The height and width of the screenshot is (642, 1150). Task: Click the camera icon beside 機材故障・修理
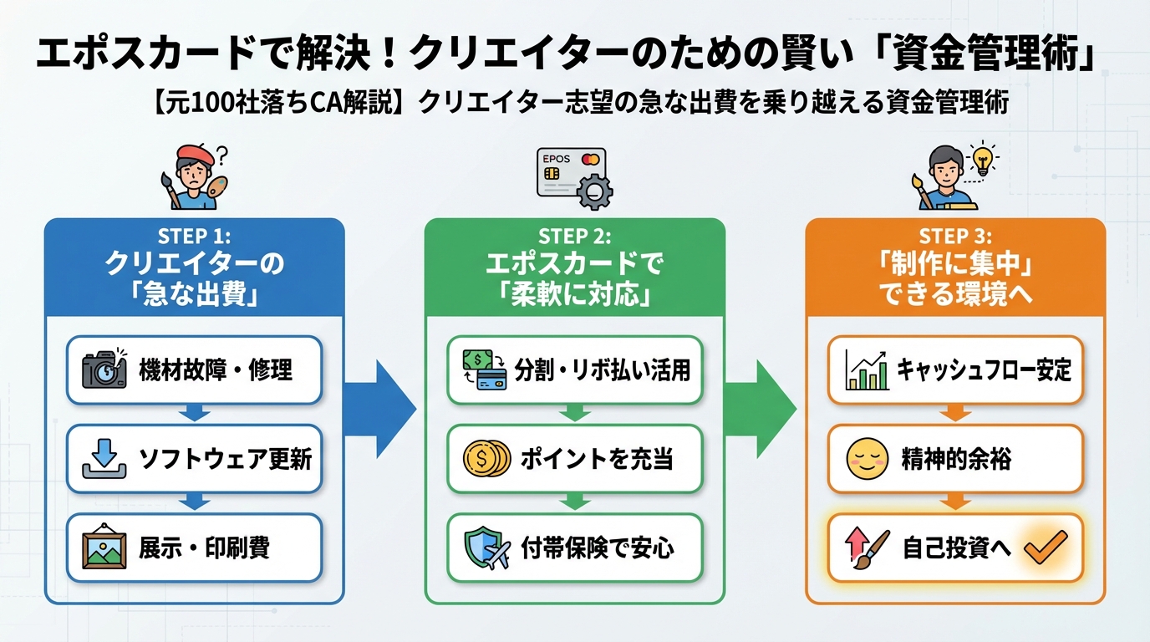pos(104,369)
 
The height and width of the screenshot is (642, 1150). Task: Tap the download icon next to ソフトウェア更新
pos(104,459)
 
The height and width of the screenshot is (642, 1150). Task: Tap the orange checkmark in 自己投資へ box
pos(1046,549)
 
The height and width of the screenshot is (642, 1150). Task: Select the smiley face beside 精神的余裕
pos(867,459)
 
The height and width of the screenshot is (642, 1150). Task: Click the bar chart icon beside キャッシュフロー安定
pos(867,369)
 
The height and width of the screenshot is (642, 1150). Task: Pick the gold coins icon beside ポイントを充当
pos(486,459)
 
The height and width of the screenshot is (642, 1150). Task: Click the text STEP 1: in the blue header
pos(194,236)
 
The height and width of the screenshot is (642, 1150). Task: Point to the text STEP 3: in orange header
pos(955,236)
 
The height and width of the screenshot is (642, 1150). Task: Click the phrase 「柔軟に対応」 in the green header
pos(574,295)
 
